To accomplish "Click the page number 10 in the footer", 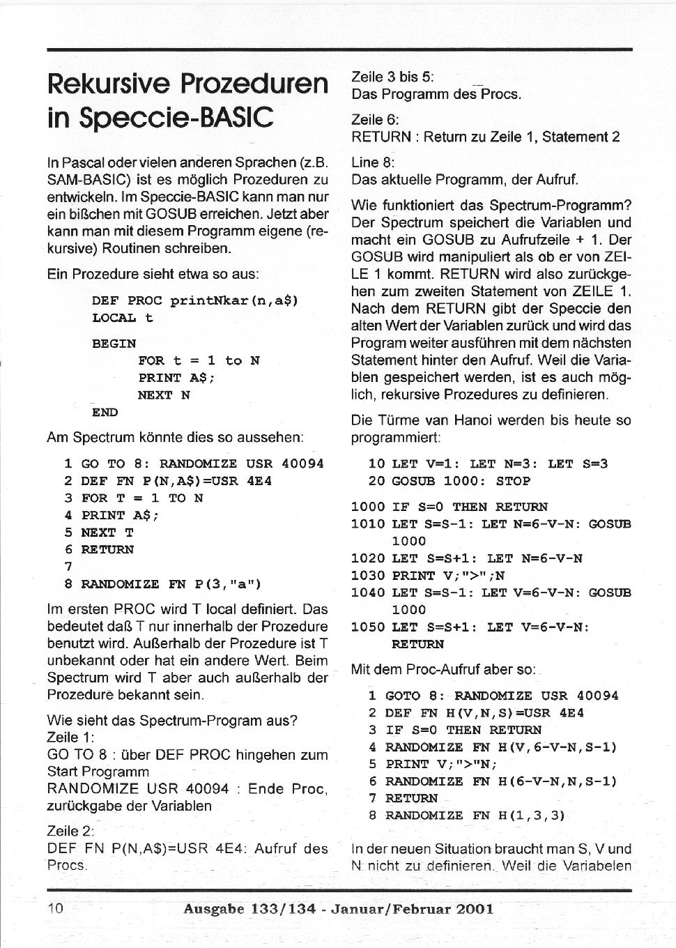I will [x=56, y=908].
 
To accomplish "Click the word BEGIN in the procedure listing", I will [x=114, y=343].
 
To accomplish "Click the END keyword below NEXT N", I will [x=105, y=412].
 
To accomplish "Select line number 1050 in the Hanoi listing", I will [x=367, y=627].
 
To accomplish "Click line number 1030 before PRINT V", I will [x=367, y=575].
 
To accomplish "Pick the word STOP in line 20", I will [x=513, y=481].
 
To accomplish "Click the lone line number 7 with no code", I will [x=68, y=567].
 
